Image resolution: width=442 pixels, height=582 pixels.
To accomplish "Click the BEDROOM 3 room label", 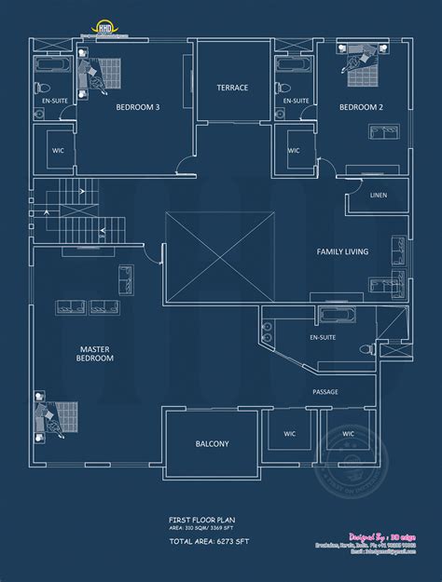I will click(137, 107).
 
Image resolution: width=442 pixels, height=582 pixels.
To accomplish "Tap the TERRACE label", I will click(232, 88).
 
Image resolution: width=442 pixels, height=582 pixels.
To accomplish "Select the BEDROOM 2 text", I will click(362, 107).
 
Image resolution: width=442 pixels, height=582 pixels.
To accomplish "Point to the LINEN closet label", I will click(378, 195).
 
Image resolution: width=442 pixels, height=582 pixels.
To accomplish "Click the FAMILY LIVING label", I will click(342, 251).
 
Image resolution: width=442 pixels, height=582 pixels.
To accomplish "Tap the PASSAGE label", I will click(325, 392).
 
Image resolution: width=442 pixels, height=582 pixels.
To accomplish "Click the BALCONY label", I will click(212, 444).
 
